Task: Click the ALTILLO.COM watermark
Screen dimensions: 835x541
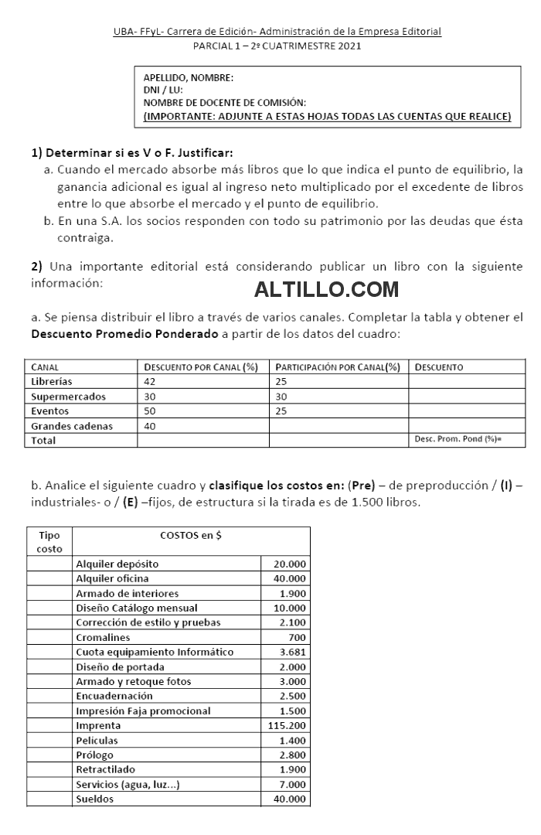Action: click(326, 291)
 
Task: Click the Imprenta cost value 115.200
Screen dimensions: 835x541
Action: click(287, 726)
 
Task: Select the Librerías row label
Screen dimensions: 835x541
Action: click(52, 382)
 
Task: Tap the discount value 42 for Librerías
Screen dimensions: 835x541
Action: click(150, 382)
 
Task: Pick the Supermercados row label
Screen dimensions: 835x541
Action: click(68, 397)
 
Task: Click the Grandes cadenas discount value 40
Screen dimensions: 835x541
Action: click(150, 426)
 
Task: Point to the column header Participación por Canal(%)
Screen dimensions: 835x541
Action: click(338, 367)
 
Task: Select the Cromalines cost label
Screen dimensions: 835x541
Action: click(103, 638)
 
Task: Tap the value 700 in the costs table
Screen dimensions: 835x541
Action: click(297, 638)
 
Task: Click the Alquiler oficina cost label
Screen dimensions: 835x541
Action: click(112, 578)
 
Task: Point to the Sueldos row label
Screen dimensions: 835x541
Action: click(94, 799)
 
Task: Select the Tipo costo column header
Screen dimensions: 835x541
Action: click(49, 541)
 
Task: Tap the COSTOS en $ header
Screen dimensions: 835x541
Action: click(191, 535)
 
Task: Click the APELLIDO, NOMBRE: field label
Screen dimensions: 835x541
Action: click(189, 77)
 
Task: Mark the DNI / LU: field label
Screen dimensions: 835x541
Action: click(163, 90)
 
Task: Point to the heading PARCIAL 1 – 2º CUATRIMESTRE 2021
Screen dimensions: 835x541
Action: click(276, 46)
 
